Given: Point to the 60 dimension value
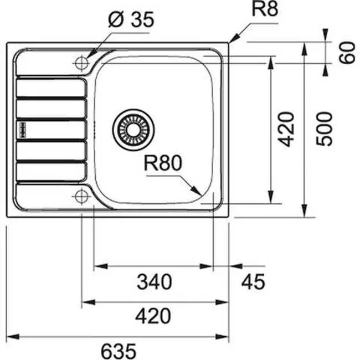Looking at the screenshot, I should (347, 54).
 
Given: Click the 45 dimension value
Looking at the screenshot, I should (253, 282).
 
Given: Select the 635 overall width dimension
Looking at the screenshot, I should (119, 350).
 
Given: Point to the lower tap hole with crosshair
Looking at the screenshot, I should (81, 195).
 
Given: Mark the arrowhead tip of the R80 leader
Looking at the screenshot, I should (200, 194).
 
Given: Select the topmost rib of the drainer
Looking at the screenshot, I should (51, 89).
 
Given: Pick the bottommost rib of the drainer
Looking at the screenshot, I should (51, 172).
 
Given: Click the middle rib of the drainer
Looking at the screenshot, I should (51, 130).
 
